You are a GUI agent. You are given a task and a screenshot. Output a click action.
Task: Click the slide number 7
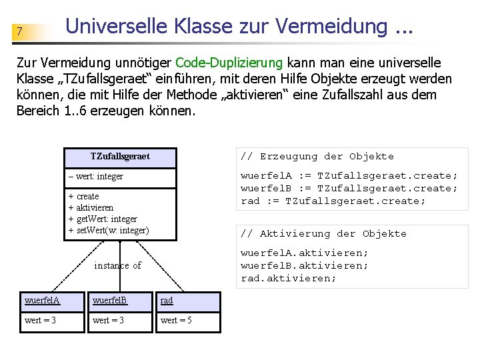pos(20,31)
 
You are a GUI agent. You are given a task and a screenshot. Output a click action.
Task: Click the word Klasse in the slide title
pos(201,27)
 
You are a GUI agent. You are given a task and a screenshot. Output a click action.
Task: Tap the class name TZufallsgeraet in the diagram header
pos(120,157)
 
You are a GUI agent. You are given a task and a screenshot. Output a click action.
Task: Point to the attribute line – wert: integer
pos(95,177)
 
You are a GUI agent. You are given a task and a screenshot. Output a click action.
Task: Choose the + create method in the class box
pos(83,197)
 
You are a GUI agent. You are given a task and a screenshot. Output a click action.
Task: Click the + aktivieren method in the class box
pos(91,208)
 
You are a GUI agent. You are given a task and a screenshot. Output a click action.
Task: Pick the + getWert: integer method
pos(103,219)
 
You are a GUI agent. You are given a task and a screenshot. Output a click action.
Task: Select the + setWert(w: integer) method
pos(109,231)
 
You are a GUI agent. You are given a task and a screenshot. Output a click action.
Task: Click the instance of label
pos(117,265)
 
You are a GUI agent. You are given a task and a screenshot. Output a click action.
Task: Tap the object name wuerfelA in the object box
pos(42,301)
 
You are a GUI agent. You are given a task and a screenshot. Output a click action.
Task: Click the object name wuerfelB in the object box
pos(110,301)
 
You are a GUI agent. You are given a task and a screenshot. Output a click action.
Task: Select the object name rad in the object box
pos(167,301)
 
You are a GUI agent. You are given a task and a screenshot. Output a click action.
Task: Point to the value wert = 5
pos(176,321)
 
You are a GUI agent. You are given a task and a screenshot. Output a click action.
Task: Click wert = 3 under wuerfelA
pos(40,321)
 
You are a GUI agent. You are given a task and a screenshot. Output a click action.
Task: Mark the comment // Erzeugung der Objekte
pos(317,157)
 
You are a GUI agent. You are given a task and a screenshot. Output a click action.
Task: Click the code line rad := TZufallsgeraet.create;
pos(333,201)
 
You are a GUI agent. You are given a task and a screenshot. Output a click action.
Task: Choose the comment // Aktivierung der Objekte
pos(323,234)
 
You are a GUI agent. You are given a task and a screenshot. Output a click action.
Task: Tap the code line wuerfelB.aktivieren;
pos(304,265)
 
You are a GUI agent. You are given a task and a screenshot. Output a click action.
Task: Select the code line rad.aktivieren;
pos(288,278)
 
